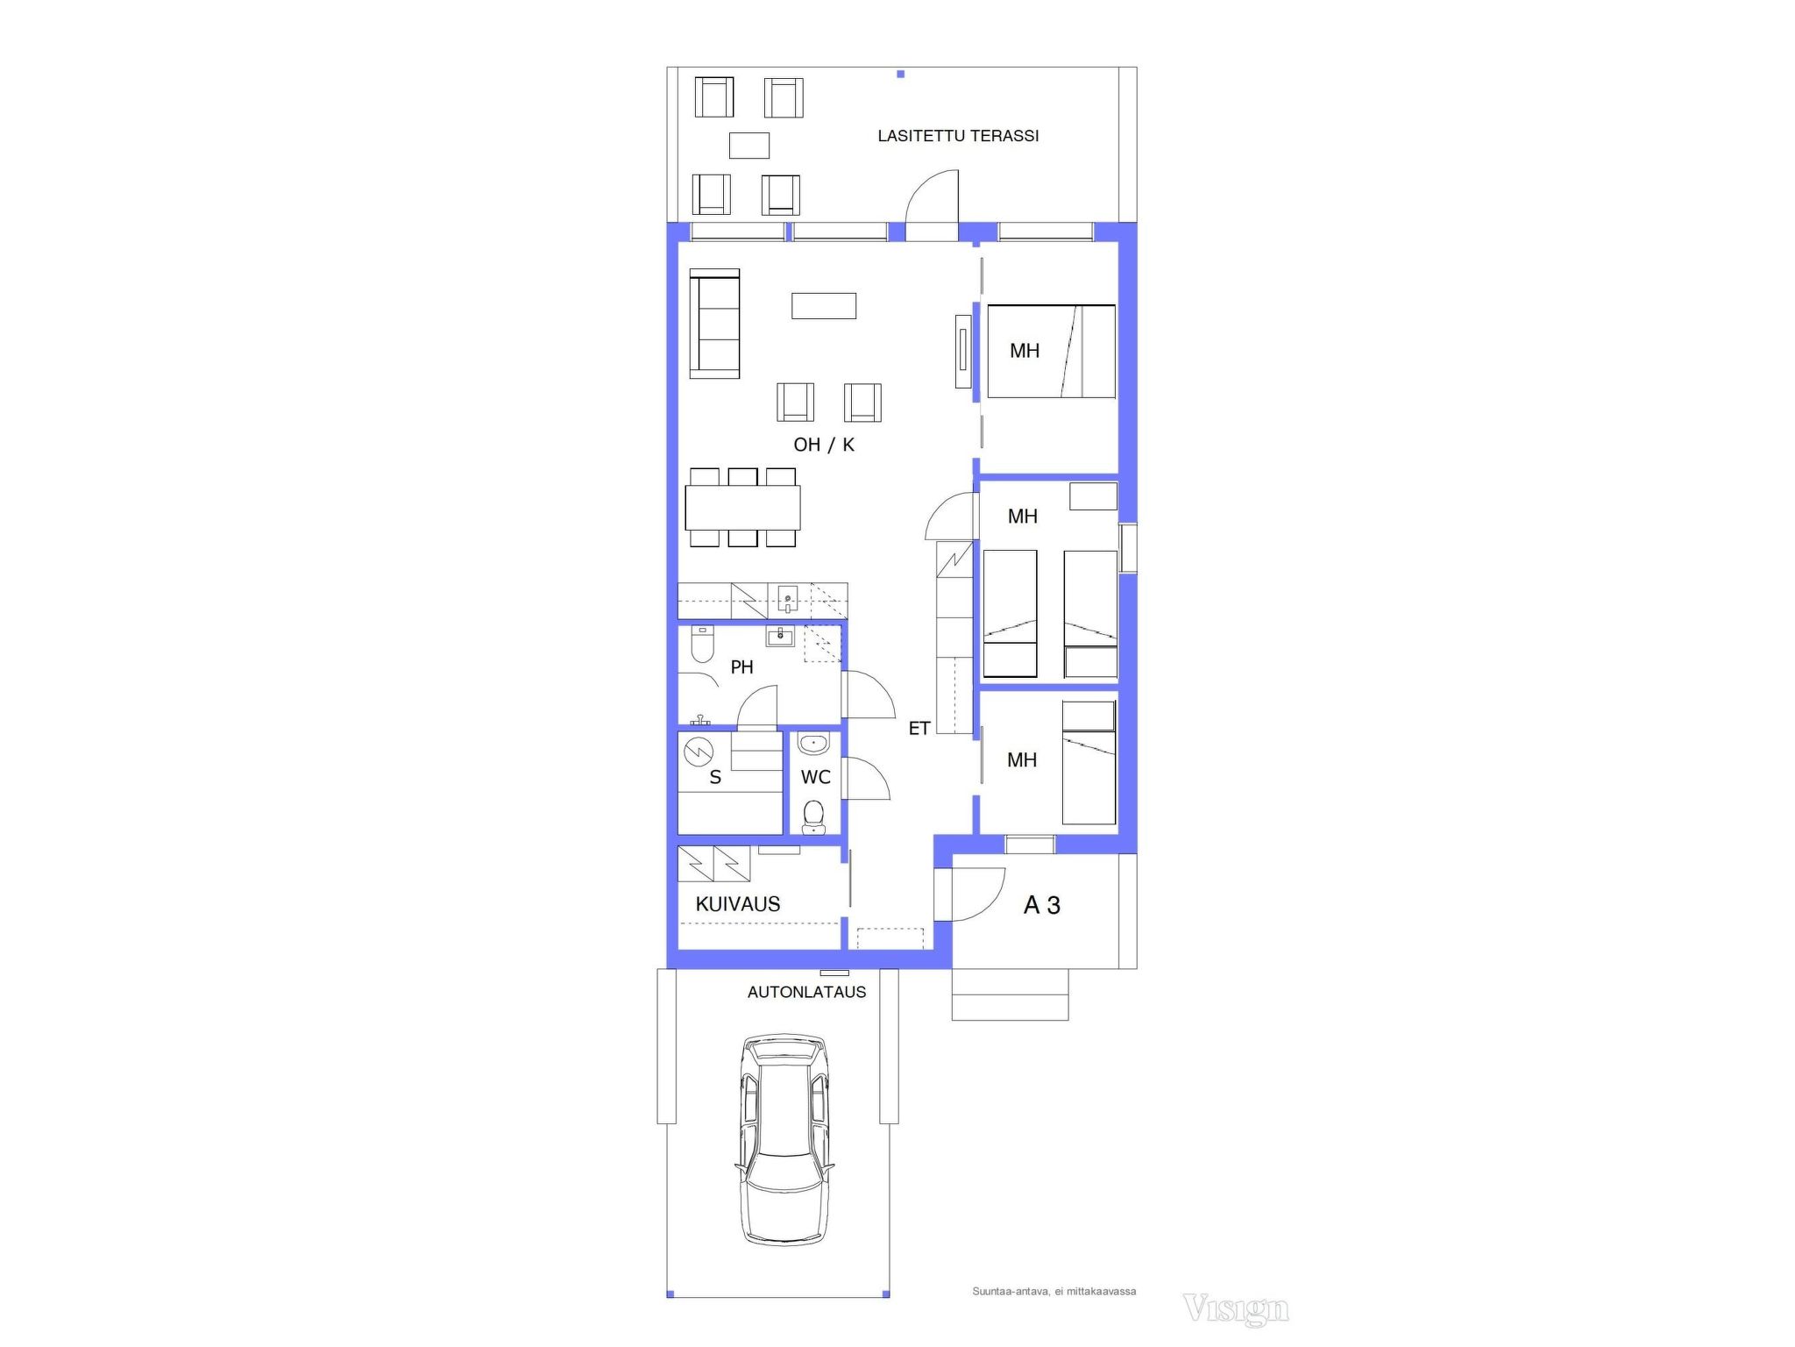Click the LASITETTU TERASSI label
pos(958,136)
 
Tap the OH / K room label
pos(824,445)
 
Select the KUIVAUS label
pos(738,904)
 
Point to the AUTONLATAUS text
pos(806,992)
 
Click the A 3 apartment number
pos(1042,905)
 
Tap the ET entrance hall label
pos(919,728)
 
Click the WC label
pos(815,777)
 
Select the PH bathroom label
pos(741,667)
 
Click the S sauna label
pos(715,778)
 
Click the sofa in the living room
pos(714,324)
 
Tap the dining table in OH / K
pos(742,507)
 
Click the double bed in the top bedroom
pos(1051,351)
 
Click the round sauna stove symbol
pos(699,752)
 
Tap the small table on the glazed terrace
pos(749,146)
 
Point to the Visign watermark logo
pos(1236,1309)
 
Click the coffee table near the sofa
pos(824,305)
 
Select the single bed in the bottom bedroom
pos(1089,763)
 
